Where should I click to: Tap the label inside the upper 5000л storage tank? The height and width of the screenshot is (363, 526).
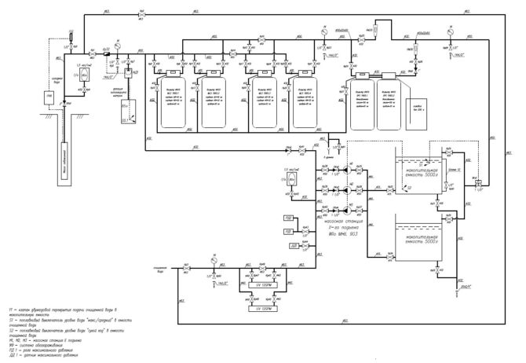coord(416,175)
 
